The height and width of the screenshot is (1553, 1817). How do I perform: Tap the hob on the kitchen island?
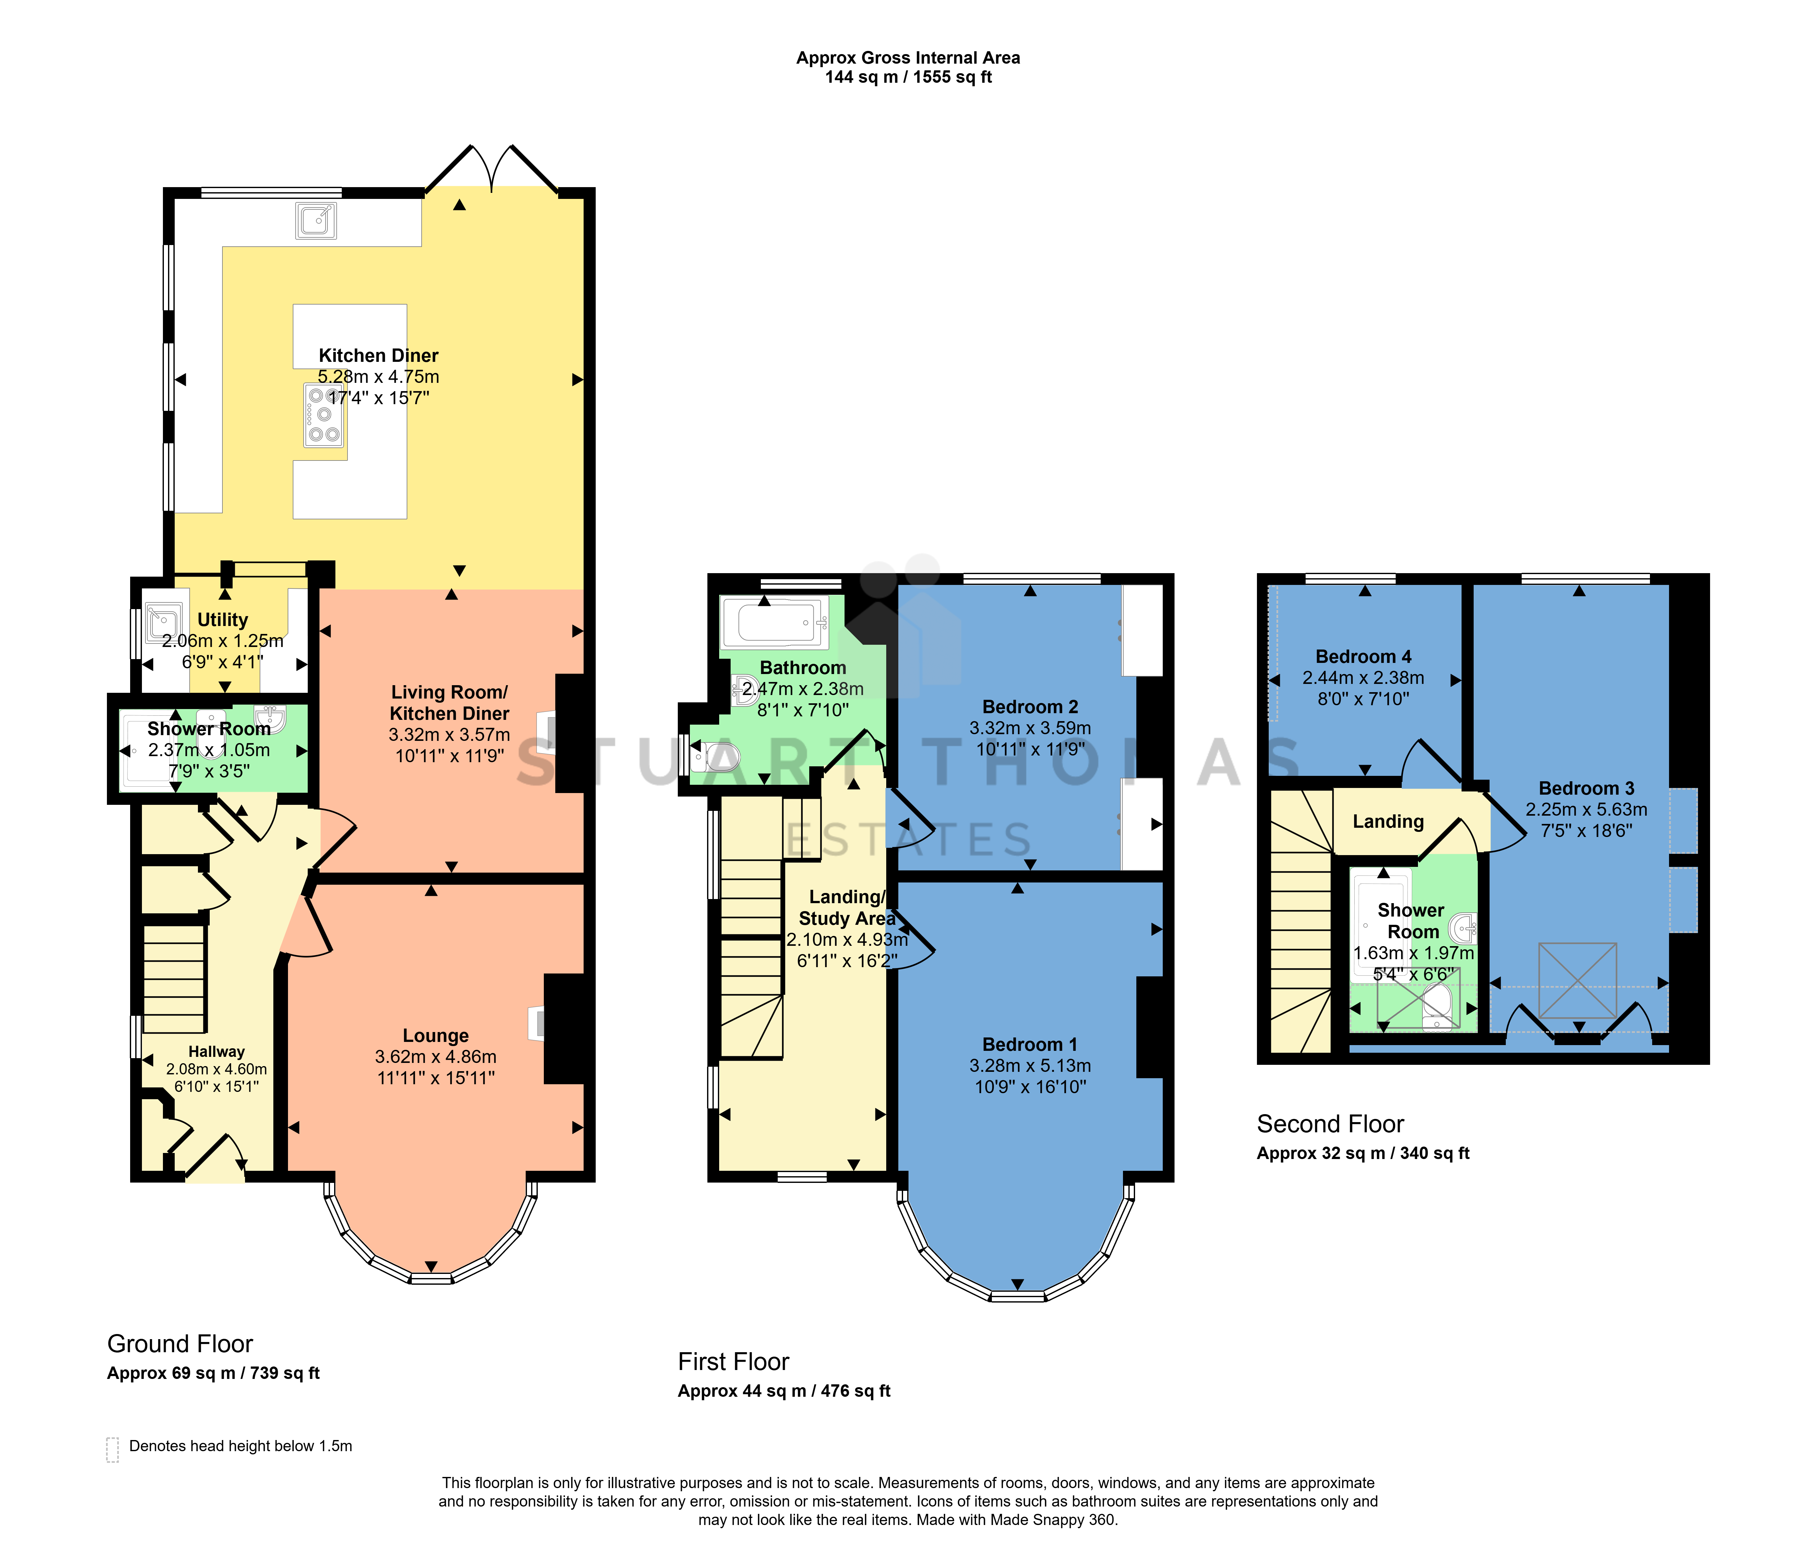tap(324, 415)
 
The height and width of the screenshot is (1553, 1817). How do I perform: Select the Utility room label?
tap(223, 620)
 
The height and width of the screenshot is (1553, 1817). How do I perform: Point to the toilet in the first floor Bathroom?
tap(715, 756)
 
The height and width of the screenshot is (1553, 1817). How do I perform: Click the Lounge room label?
tap(436, 1036)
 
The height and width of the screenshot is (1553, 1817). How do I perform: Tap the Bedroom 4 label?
tap(1364, 657)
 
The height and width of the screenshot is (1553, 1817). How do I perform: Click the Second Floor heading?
tap(1330, 1124)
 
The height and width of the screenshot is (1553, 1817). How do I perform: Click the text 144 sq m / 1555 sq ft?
tap(908, 77)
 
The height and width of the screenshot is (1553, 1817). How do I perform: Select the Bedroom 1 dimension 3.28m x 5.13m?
tap(1030, 1065)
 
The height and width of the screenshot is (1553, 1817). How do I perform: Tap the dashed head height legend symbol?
tap(112, 1450)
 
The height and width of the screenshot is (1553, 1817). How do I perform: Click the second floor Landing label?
tap(1388, 822)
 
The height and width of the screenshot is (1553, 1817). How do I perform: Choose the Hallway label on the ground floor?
tap(217, 1051)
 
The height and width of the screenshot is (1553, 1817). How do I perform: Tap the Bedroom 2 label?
tap(1030, 707)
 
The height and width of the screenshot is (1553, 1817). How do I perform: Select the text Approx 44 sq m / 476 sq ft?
tap(784, 1391)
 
